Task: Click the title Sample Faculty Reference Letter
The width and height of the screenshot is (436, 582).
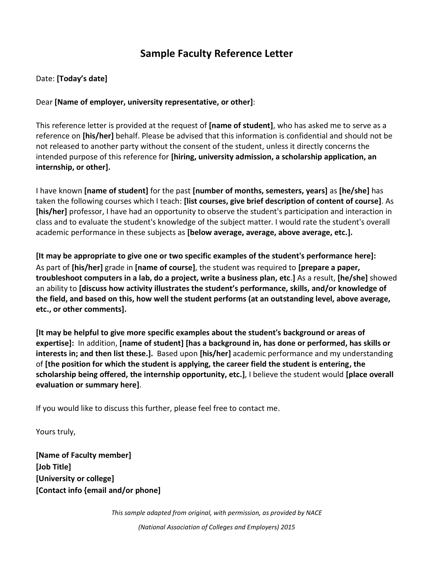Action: click(x=216, y=54)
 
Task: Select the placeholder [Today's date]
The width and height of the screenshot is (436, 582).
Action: click(x=82, y=79)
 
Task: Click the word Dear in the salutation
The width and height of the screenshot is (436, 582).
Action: click(x=44, y=102)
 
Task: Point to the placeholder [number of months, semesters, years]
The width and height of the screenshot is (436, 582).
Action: click(x=260, y=191)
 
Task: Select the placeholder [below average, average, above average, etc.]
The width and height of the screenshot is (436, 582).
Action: click(x=270, y=233)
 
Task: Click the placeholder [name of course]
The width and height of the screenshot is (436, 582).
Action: click(x=165, y=268)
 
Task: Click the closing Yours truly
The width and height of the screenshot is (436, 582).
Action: click(x=55, y=432)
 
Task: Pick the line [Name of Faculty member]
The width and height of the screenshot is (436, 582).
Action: click(x=83, y=455)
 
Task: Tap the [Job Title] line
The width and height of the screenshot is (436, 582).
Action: click(x=53, y=467)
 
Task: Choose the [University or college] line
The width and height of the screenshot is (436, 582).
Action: click(x=75, y=478)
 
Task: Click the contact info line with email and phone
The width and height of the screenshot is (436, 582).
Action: click(x=98, y=490)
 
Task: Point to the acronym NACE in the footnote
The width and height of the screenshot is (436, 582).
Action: click(x=314, y=513)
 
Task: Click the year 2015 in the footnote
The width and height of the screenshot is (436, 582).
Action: click(x=288, y=527)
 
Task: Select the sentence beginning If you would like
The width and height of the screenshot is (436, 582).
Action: click(x=158, y=408)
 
